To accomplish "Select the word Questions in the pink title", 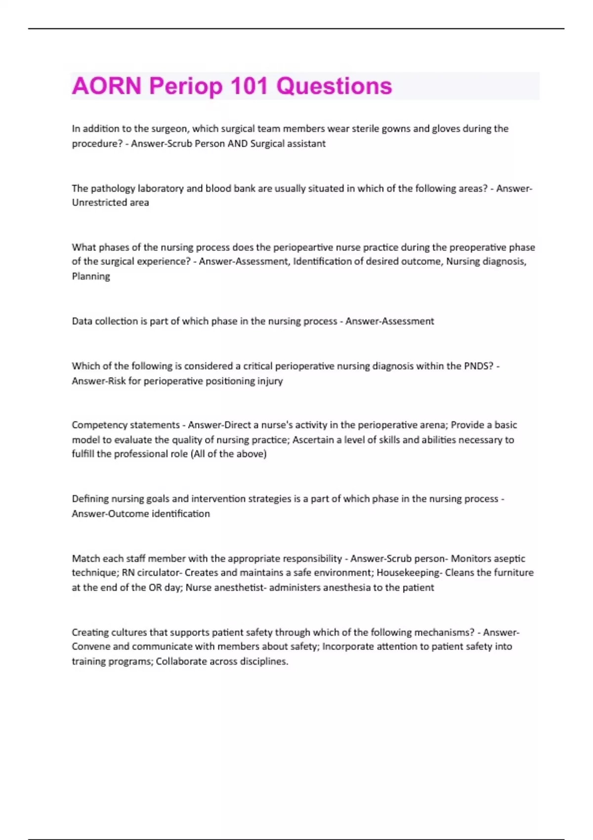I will pyautogui.click(x=334, y=86).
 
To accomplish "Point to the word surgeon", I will pyautogui.click(x=168, y=129).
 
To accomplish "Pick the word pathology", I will pyautogui.click(x=113, y=188).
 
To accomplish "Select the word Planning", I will pyautogui.click(x=91, y=276).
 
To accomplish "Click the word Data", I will pyautogui.click(x=82, y=321).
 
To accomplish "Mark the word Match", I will pyautogui.click(x=85, y=558).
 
